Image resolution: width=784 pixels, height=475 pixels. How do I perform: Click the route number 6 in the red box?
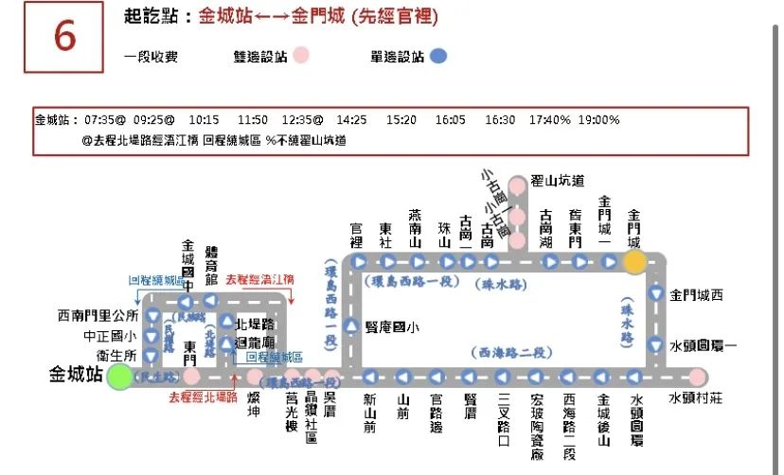(63, 37)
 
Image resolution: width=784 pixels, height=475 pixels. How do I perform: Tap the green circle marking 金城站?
(120, 378)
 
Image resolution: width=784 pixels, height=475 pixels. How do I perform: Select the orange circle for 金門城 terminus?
(634, 262)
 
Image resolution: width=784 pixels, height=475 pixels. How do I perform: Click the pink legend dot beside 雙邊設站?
(300, 56)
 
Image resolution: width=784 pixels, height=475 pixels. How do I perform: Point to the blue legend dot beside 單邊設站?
(437, 56)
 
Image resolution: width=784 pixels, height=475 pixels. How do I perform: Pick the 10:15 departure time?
(204, 120)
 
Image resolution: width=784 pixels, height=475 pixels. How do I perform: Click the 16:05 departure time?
(450, 120)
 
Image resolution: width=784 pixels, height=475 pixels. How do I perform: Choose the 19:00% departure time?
(600, 120)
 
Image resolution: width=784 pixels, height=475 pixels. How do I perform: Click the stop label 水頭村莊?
(697, 398)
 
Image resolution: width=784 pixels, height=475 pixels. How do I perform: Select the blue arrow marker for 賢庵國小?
(351, 327)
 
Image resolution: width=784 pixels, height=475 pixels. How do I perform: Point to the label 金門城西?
(696, 295)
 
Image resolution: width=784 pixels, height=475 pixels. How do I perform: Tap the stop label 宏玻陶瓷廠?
(537, 427)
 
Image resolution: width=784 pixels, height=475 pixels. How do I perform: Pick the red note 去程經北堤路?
(203, 396)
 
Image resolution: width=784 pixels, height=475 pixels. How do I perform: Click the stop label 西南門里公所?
(98, 314)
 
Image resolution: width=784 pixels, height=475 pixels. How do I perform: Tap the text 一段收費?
(151, 56)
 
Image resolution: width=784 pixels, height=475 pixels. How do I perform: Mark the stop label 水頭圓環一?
(703, 345)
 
